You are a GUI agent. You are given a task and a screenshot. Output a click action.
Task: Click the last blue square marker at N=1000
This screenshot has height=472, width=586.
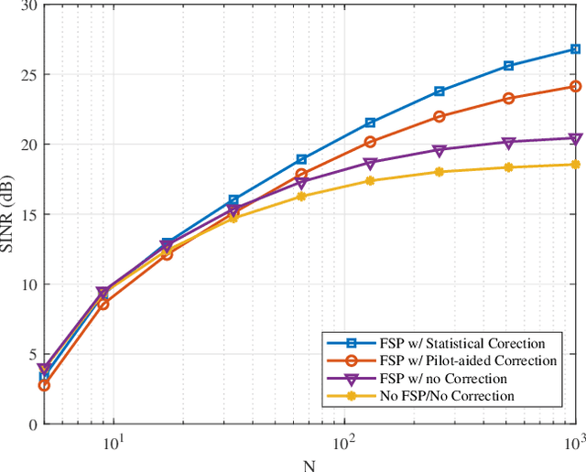pyautogui.click(x=575, y=49)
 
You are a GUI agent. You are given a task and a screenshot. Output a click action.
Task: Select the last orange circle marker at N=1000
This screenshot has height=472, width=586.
pyautogui.click(x=575, y=87)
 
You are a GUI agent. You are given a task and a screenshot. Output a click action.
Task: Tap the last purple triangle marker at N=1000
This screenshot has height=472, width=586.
pyautogui.click(x=575, y=139)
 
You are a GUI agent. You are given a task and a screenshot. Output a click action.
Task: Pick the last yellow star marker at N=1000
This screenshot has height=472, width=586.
pyautogui.click(x=575, y=165)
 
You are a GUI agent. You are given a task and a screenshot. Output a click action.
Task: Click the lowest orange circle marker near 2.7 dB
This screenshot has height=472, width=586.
pyautogui.click(x=44, y=386)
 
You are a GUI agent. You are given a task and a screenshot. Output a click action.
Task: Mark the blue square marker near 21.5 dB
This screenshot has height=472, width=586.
pyautogui.click(x=370, y=123)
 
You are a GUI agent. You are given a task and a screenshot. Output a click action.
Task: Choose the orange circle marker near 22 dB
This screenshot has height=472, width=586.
pyautogui.click(x=439, y=116)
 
